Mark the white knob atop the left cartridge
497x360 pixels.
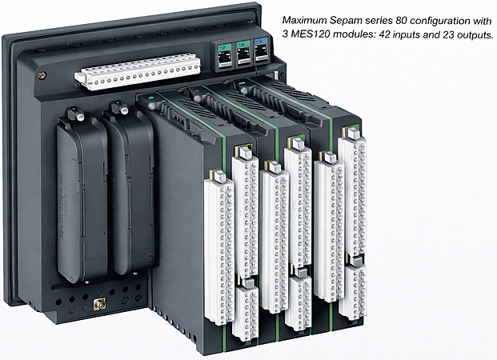pos(81,116)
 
